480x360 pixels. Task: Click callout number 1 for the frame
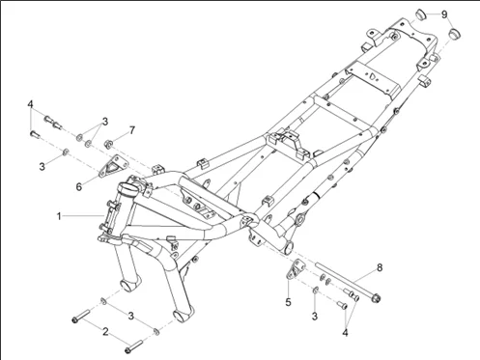pyautogui.click(x=59, y=216)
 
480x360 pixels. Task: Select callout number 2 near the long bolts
pyautogui.click(x=105, y=331)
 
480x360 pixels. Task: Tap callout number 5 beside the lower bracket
pyautogui.click(x=288, y=302)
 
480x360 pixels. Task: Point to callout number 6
pyautogui.click(x=79, y=186)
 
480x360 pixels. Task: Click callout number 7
pyautogui.click(x=132, y=130)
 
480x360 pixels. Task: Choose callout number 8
pyautogui.click(x=380, y=267)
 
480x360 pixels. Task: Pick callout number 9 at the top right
pyautogui.click(x=444, y=14)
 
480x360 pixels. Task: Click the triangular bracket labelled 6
pyautogui.click(x=113, y=167)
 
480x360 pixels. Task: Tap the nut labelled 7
pyautogui.click(x=108, y=144)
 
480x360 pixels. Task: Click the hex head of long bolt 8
pyautogui.click(x=376, y=298)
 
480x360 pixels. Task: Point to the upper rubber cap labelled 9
pyautogui.click(x=420, y=14)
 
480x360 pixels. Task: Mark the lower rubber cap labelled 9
pyautogui.click(x=455, y=34)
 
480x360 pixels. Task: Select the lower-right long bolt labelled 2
pyautogui.click(x=133, y=346)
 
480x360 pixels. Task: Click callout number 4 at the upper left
pyautogui.click(x=30, y=104)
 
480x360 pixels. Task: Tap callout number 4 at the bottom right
pyautogui.click(x=345, y=332)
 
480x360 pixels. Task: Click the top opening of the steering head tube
pyautogui.click(x=127, y=187)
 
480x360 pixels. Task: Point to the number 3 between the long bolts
pyautogui.click(x=130, y=316)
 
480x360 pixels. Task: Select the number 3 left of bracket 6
pyautogui.click(x=42, y=167)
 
